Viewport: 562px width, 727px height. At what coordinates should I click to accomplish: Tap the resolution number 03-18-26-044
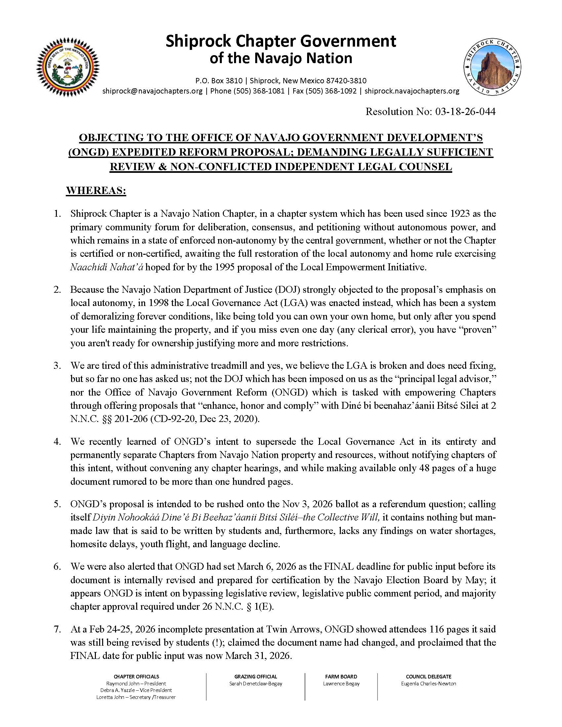[465, 111]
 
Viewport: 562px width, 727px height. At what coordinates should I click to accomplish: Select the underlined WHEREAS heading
[96, 191]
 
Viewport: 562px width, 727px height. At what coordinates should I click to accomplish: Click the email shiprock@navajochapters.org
[152, 91]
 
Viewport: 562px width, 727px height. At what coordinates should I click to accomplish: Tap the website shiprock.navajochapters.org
[412, 91]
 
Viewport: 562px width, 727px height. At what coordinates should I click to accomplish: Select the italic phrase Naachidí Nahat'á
[106, 267]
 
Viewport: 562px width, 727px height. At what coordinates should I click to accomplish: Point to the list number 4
[57, 441]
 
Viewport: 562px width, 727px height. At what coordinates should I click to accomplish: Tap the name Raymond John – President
[136, 684]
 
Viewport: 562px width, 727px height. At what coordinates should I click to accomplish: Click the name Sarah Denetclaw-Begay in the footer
[255, 684]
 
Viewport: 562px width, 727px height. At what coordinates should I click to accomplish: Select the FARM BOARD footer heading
[341, 676]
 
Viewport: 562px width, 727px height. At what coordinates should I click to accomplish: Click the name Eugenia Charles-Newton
[428, 684]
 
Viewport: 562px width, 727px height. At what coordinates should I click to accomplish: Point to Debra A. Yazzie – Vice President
[136, 690]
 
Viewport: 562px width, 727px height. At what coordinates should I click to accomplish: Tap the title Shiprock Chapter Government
[281, 41]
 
